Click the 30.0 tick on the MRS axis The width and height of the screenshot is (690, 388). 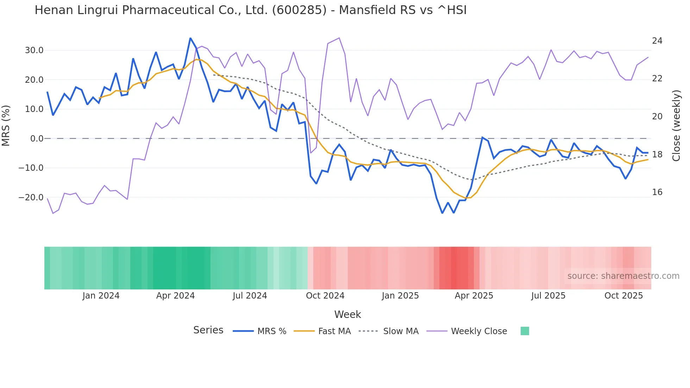34,50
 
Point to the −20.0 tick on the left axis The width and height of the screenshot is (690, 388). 31,197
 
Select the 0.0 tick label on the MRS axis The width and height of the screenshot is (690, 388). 37,139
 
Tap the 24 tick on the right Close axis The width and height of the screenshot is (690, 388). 657,41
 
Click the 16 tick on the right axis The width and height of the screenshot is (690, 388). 657,192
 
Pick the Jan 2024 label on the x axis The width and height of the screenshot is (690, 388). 101,296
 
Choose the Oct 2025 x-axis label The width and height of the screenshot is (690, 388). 623,296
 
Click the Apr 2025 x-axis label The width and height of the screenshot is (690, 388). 474,296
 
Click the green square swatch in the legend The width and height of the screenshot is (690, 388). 525,331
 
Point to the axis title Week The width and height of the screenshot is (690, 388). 347,314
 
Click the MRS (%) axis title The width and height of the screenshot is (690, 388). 6,125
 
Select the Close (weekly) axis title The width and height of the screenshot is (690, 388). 676,125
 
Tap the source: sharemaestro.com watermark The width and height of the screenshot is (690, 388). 623,276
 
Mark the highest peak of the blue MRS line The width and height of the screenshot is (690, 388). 190,38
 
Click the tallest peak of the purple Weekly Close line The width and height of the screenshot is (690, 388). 339,38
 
